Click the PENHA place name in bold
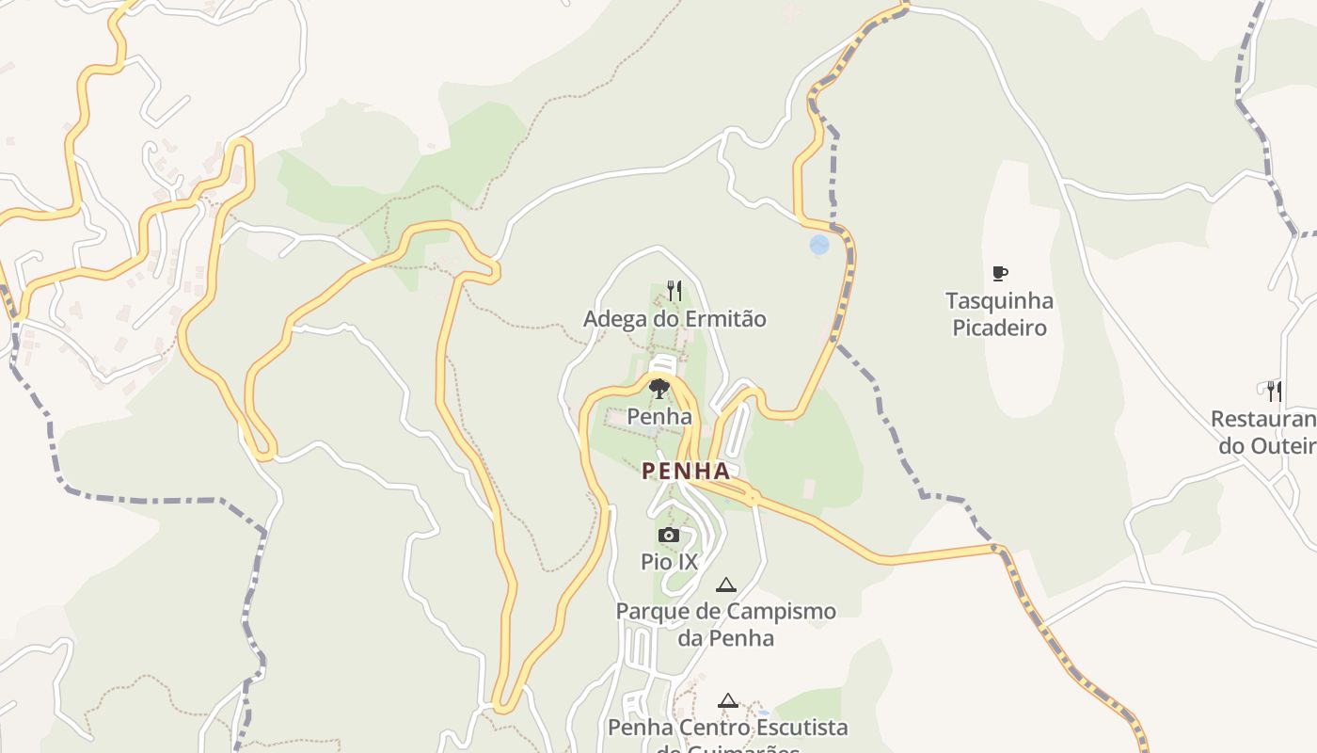point(686,471)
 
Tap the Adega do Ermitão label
point(674,319)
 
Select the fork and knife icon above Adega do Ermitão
point(674,290)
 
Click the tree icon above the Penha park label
point(659,388)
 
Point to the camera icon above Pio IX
point(669,536)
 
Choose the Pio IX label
point(669,562)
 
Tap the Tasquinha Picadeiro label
point(999,314)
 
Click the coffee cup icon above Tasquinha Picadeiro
point(1000,274)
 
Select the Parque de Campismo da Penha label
point(725,624)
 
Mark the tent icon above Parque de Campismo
point(725,585)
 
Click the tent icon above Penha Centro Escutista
point(727,700)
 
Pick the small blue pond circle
point(819,245)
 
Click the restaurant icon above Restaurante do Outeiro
point(1275,390)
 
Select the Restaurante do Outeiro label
point(1265,432)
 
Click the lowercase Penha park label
point(659,416)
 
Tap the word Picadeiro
point(999,328)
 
